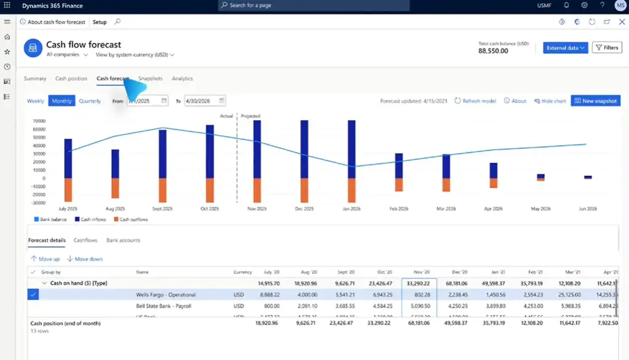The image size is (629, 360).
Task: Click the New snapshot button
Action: tap(595, 101)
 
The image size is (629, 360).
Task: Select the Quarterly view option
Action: tap(90, 101)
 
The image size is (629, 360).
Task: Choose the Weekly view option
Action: tap(36, 101)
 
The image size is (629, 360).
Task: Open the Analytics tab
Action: tap(182, 79)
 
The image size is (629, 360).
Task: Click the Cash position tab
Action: tap(71, 79)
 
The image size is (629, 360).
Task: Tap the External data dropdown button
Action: tap(566, 48)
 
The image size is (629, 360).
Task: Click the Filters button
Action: tap(606, 48)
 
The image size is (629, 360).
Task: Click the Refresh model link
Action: tap(475, 101)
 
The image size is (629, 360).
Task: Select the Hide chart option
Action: tap(550, 101)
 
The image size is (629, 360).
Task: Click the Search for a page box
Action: tap(313, 6)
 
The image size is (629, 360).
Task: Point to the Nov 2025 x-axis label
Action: tap(257, 209)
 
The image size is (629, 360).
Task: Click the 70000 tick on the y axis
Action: tap(39, 121)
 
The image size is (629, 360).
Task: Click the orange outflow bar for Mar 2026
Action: tap(447, 185)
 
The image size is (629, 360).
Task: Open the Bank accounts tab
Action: tap(123, 240)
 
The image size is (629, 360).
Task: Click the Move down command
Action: tap(85, 259)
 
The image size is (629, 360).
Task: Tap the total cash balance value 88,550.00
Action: tap(493, 51)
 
